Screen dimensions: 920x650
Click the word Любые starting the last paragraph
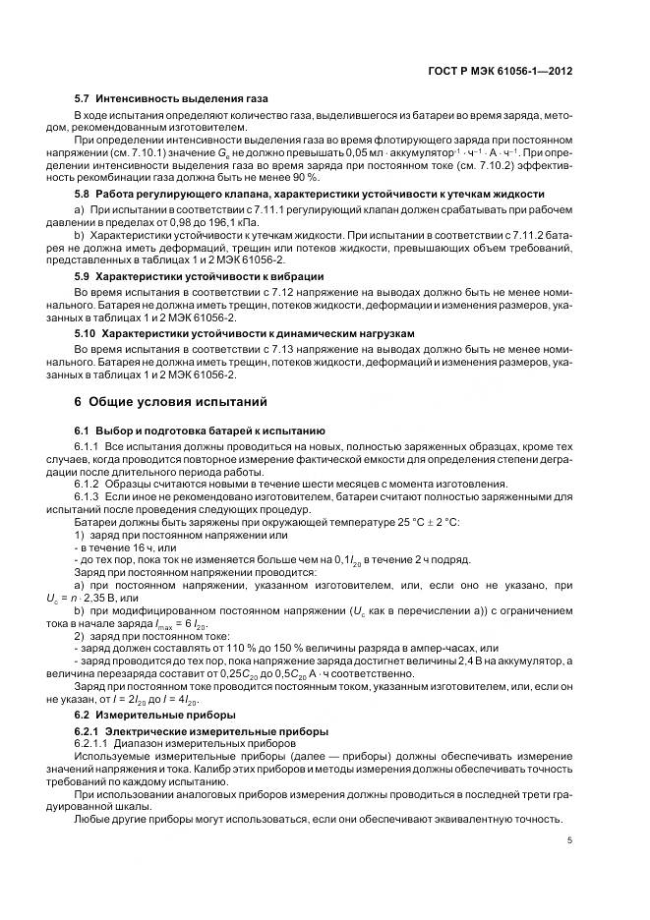(x=93, y=820)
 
